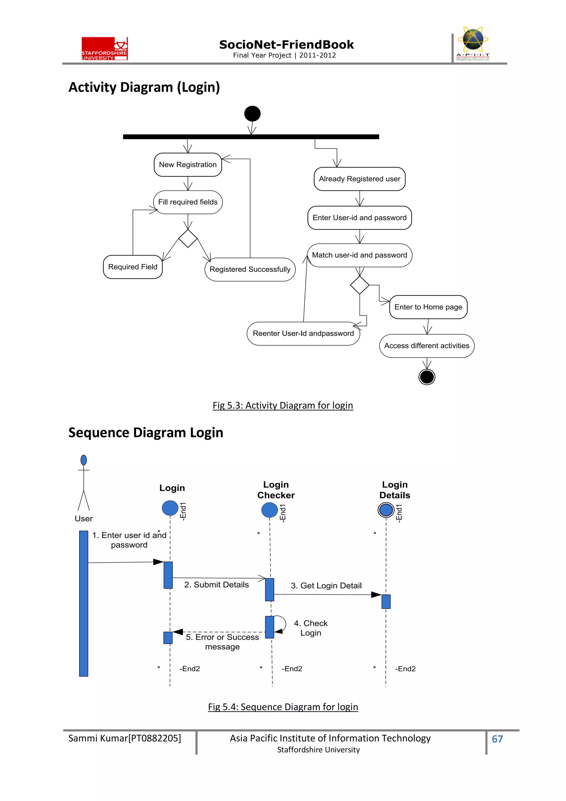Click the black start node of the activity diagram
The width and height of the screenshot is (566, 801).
coord(252,114)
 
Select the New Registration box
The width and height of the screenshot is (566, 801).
coord(188,165)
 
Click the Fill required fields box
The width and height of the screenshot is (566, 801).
coord(188,202)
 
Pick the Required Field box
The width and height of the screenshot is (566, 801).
coord(133,267)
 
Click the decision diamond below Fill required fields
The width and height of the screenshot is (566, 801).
coord(188,239)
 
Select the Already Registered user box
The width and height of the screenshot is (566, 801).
coord(359,179)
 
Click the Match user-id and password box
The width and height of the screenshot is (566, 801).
coord(359,255)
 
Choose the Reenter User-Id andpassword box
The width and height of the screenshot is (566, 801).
coord(303,333)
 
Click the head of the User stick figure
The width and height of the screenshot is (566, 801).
coord(84,460)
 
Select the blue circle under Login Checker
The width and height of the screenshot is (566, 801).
coord(269,510)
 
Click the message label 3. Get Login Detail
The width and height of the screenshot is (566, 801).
coord(326,586)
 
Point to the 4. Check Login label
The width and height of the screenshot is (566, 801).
coord(310,628)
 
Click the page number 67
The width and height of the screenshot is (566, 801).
coord(497,739)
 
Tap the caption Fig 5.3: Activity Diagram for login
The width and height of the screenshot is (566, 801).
coord(283,405)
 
